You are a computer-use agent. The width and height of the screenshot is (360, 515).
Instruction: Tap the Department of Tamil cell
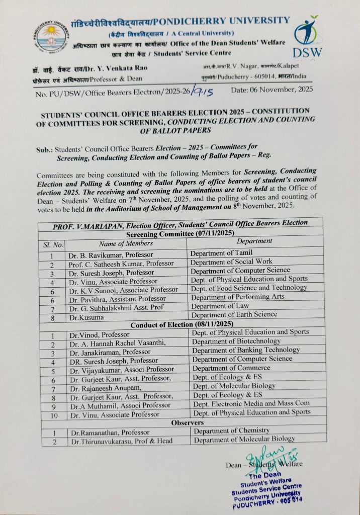click(x=221, y=252)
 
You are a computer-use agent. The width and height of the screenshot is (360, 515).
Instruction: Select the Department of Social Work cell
click(x=231, y=262)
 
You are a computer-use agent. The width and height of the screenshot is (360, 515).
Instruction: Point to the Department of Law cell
click(x=220, y=306)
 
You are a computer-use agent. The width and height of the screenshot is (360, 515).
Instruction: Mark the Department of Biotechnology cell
click(x=236, y=341)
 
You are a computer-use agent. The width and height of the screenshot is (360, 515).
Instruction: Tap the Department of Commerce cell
click(x=231, y=368)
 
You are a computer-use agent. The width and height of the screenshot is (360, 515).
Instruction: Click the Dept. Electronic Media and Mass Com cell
click(x=251, y=403)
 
